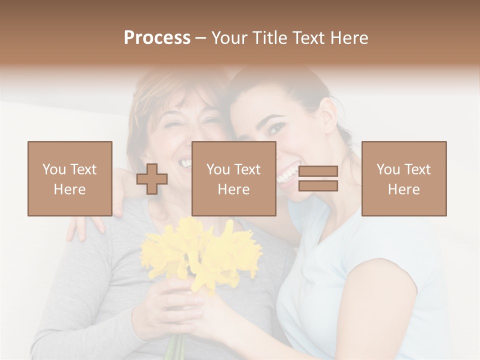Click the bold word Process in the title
click(x=157, y=38)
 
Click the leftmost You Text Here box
click(x=69, y=178)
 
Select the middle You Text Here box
click(x=233, y=178)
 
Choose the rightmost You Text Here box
click(x=403, y=178)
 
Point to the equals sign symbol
click(x=318, y=179)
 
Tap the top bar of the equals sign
click(x=318, y=171)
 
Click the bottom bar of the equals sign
click(x=318, y=186)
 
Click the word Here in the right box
click(x=403, y=189)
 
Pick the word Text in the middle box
click(x=247, y=169)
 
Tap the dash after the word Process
click(x=201, y=38)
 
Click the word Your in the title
click(x=228, y=38)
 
